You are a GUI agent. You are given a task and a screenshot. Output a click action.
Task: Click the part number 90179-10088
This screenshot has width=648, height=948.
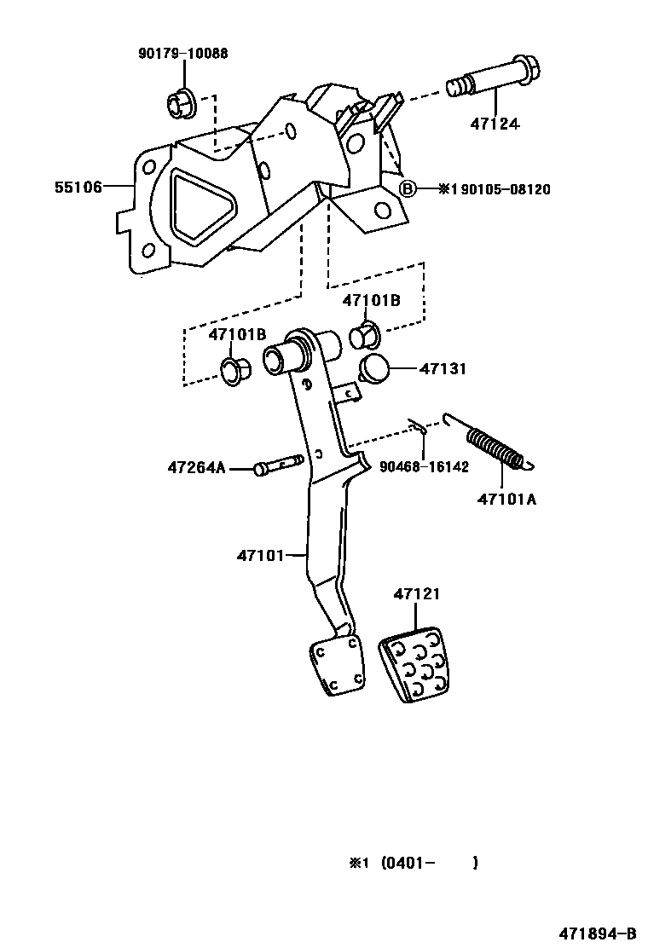point(182,54)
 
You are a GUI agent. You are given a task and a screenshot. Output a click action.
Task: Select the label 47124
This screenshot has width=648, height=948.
point(495,124)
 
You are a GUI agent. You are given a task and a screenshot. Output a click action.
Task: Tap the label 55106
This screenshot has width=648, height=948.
point(79,187)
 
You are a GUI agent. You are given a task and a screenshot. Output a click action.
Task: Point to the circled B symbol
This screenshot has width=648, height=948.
point(409,188)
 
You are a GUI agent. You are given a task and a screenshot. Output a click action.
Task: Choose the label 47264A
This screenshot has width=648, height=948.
point(196,467)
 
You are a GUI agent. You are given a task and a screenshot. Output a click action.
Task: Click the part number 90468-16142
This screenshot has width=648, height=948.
point(424,467)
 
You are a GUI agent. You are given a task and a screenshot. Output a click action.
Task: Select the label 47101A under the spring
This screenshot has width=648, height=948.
point(506,500)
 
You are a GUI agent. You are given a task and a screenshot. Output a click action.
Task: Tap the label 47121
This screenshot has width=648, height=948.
point(417,594)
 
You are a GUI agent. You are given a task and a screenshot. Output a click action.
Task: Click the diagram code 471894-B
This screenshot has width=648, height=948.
point(597,934)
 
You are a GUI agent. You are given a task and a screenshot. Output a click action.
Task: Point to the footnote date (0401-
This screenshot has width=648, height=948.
point(408,863)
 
